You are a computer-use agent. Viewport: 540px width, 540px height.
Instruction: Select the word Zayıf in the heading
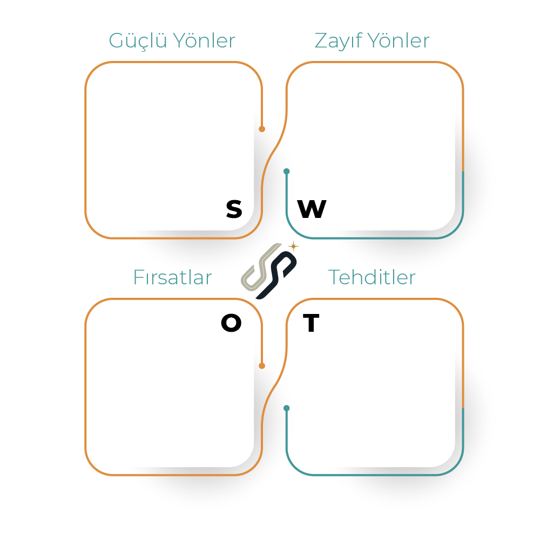tap(336, 41)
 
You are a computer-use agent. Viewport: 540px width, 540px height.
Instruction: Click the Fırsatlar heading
tap(172, 278)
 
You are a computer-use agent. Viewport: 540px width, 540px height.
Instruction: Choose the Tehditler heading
tap(372, 277)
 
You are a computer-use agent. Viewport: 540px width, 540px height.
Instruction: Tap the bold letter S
tap(234, 209)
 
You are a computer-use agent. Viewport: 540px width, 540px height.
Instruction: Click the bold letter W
tap(312, 209)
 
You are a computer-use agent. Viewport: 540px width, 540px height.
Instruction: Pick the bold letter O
tap(231, 323)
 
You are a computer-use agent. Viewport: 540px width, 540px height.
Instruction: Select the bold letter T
tap(311, 323)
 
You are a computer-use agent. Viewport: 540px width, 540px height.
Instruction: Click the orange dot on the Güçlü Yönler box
tap(262, 129)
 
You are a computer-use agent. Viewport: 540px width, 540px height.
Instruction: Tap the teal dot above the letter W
tap(287, 172)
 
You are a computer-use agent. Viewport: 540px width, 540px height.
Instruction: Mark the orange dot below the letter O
tap(262, 366)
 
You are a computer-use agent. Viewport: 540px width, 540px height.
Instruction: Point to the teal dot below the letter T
tap(287, 408)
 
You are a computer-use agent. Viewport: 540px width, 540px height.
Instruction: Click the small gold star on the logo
tap(293, 246)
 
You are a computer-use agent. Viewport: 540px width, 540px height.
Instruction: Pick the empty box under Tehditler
tap(373, 388)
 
